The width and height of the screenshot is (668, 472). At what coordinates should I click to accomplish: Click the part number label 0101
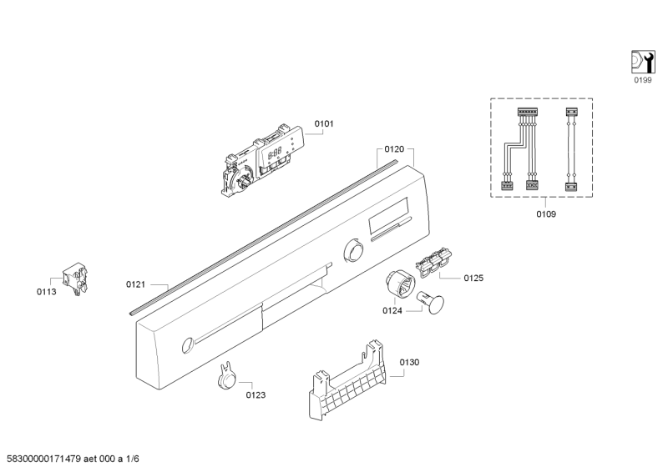[x=324, y=124]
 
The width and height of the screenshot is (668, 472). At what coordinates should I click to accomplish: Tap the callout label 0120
[x=394, y=149]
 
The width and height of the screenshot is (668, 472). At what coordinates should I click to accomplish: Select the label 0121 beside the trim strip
[x=135, y=284]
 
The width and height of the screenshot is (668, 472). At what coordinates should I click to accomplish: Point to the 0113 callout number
[x=47, y=292]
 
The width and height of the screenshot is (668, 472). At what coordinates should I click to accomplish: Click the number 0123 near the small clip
[x=256, y=395]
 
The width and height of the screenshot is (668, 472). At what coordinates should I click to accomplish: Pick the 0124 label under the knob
[x=392, y=311]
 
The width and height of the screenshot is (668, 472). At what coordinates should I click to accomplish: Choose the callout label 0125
[x=473, y=278]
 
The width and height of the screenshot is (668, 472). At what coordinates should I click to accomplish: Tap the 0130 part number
[x=409, y=362]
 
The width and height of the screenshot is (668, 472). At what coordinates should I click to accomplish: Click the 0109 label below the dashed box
[x=546, y=214]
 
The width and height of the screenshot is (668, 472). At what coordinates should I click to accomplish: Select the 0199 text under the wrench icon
[x=643, y=80]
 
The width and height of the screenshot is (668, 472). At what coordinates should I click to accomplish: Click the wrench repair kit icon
[x=643, y=63]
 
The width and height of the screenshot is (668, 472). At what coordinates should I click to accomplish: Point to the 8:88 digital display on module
[x=275, y=153]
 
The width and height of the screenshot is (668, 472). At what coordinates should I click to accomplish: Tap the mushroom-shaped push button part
[x=430, y=302]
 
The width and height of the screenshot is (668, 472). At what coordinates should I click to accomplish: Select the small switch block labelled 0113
[x=76, y=279]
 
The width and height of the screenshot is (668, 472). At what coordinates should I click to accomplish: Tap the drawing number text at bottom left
[x=73, y=459]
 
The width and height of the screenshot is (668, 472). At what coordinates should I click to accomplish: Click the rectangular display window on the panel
[x=389, y=215]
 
